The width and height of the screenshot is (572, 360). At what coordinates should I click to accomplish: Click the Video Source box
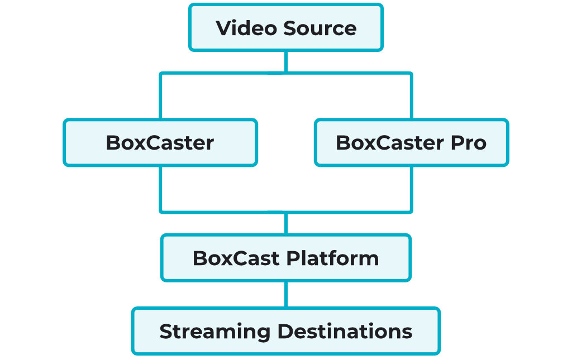click(286, 28)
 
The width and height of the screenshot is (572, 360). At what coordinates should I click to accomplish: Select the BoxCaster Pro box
click(411, 142)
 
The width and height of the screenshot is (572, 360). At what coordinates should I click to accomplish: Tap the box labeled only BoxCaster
click(160, 142)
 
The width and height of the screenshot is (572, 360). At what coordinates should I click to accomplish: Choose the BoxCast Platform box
click(286, 258)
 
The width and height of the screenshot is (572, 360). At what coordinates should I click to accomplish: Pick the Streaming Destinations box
click(286, 331)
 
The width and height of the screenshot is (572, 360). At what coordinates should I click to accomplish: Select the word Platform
click(333, 258)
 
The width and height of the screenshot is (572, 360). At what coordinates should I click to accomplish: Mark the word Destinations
click(345, 331)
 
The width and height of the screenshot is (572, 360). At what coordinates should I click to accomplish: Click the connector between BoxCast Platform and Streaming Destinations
click(286, 294)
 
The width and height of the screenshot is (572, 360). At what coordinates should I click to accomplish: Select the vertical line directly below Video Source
click(286, 61)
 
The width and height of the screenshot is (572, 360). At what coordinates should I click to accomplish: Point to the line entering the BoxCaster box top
click(160, 96)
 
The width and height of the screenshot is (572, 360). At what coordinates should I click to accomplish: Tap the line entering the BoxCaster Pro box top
click(412, 96)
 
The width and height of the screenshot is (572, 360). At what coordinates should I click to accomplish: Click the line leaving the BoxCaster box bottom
click(160, 189)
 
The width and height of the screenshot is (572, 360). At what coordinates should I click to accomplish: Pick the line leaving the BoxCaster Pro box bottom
click(412, 189)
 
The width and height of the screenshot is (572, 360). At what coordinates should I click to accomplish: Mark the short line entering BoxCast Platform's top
click(286, 223)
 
